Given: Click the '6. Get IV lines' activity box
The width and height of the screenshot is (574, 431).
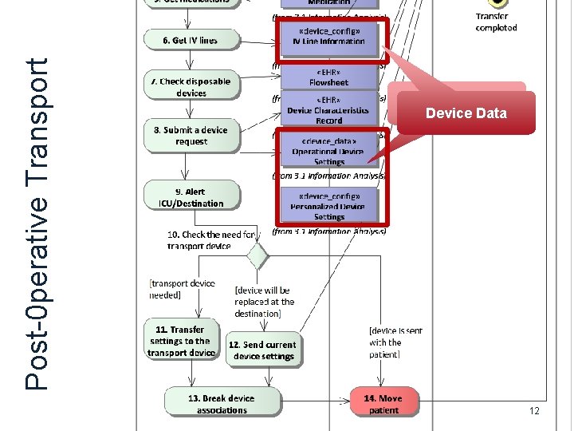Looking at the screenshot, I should pyautogui.click(x=191, y=40).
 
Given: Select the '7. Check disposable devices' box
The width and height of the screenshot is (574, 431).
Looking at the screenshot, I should pyautogui.click(x=191, y=86).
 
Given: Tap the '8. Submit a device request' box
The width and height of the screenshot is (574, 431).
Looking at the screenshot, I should pyautogui.click(x=191, y=136).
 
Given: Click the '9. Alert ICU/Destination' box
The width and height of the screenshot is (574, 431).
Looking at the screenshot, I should pyautogui.click(x=191, y=197).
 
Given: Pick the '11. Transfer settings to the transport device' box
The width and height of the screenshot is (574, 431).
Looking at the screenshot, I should pyautogui.click(x=181, y=341).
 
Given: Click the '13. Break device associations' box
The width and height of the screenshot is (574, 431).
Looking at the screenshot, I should pyautogui.click(x=222, y=403).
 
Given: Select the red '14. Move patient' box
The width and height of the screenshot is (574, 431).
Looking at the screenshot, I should pyautogui.click(x=383, y=403).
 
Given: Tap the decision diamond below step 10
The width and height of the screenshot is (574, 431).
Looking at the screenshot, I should pyautogui.click(x=256, y=256).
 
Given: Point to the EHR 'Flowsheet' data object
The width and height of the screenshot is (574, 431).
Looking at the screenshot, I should pyautogui.click(x=328, y=77).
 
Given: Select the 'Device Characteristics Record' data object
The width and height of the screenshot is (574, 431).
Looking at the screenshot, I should pyautogui.click(x=328, y=110).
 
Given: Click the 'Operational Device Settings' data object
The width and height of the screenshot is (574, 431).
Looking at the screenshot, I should pyautogui.click(x=328, y=151).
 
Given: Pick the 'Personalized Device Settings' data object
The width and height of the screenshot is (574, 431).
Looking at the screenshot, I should pyautogui.click(x=328, y=206).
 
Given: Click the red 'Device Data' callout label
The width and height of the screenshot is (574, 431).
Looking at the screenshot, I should pyautogui.click(x=466, y=113).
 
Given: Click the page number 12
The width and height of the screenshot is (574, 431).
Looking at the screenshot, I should pyautogui.click(x=533, y=410).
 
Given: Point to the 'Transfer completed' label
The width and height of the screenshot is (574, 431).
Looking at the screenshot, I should pyautogui.click(x=496, y=22).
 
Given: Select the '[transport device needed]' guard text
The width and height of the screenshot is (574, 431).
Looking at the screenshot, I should pyautogui.click(x=182, y=289).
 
